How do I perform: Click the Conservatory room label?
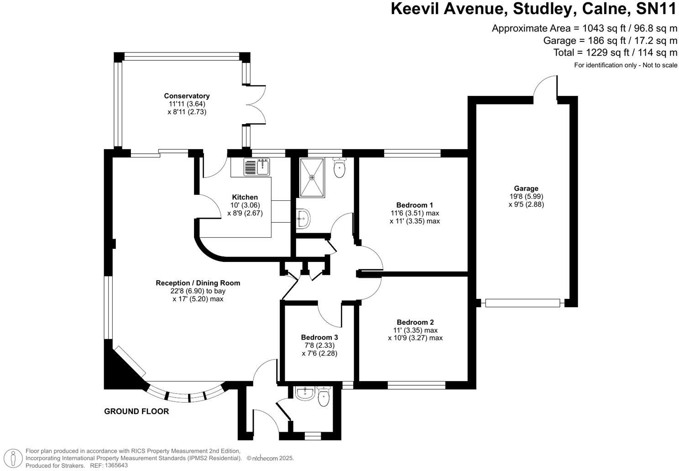coord(187,96)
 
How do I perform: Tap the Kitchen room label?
coord(245,197)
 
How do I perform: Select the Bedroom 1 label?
coord(414,205)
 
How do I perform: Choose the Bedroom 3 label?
coord(319,337)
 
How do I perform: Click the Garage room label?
coord(526,188)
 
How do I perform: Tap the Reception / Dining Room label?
coord(198,283)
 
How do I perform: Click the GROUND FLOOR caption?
coord(136,411)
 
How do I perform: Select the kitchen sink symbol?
coord(257,167)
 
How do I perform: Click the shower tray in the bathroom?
coord(312,178)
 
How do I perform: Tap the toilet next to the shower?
coord(339,167)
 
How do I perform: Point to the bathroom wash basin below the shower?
coord(303,219)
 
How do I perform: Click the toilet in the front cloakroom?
coord(324,397)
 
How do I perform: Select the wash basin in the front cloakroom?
coord(304,393)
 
